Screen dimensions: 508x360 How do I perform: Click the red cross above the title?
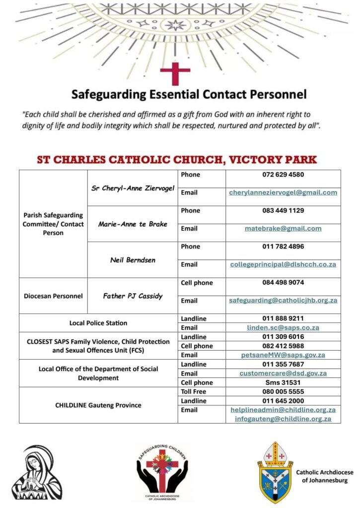175,73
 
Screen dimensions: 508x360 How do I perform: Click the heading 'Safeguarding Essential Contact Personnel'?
189,94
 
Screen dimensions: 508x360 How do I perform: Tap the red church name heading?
177,160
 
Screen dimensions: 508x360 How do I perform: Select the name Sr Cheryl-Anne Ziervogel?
133,188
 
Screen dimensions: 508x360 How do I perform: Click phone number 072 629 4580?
283,175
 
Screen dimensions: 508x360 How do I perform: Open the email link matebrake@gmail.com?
283,229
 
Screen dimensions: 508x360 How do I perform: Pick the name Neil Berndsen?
133,259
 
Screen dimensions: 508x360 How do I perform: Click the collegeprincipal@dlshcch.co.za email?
283,264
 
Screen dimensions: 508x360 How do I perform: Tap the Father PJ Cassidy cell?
133,296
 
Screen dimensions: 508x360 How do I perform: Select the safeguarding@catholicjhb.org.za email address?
283,300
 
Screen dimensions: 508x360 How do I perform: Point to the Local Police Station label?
98,323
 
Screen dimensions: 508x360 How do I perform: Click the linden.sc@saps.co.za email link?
283,327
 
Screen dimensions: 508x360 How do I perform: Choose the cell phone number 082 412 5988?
283,346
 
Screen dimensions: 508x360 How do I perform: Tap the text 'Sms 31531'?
283,382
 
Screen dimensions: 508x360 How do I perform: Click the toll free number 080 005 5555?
283,391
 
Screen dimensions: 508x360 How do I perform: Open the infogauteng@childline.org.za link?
283,419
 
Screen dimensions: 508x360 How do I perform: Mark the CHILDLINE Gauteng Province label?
98,405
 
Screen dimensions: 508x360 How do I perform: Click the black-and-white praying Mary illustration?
37,471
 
